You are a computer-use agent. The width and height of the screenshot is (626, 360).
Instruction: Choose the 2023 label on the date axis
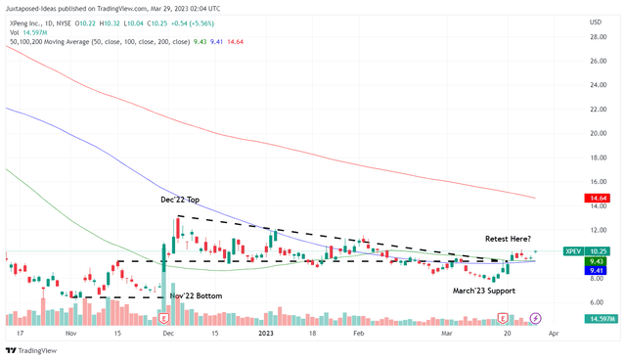pos(267,333)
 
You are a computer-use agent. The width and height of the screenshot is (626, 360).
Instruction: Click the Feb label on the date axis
pos(357,333)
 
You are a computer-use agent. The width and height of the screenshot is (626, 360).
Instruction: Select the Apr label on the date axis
pos(555,333)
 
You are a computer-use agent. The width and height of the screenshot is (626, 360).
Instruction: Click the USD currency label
pos(595,21)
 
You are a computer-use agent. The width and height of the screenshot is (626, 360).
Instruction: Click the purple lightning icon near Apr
pos(535,318)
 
